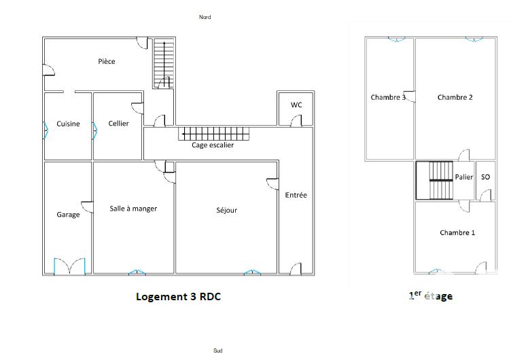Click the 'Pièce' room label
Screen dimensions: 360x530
[107, 62]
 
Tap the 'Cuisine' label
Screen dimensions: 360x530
[68, 124]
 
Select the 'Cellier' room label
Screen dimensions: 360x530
[118, 124]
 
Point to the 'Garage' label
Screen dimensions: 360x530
[68, 215]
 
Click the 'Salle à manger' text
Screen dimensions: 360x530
[133, 209]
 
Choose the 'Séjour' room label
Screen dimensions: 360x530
[226, 211]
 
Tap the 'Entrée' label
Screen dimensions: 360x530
[296, 195]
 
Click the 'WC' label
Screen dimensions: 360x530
[296, 105]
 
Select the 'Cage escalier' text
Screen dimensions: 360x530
[213, 145]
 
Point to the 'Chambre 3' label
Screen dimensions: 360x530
[388, 97]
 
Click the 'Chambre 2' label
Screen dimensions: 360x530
[455, 97]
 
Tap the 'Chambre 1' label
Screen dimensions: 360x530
[457, 232]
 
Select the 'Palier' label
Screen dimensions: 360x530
[464, 177]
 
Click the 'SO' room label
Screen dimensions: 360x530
[485, 177]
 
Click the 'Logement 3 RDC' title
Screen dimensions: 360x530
[179, 296]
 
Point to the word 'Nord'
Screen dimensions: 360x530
[205, 17]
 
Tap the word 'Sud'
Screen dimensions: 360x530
[217, 350]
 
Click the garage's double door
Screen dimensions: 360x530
[69, 266]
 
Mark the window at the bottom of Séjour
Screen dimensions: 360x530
[253, 272]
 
